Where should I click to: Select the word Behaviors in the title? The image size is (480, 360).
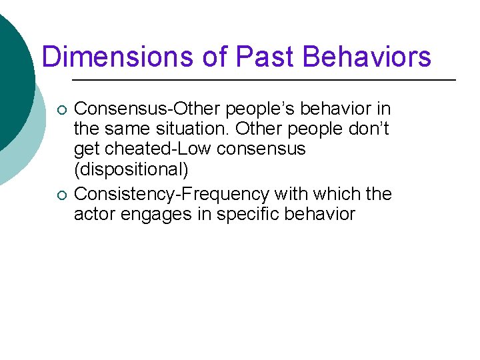pyautogui.click(x=367, y=57)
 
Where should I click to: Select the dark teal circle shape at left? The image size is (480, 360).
pyautogui.click(x=12, y=80)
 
